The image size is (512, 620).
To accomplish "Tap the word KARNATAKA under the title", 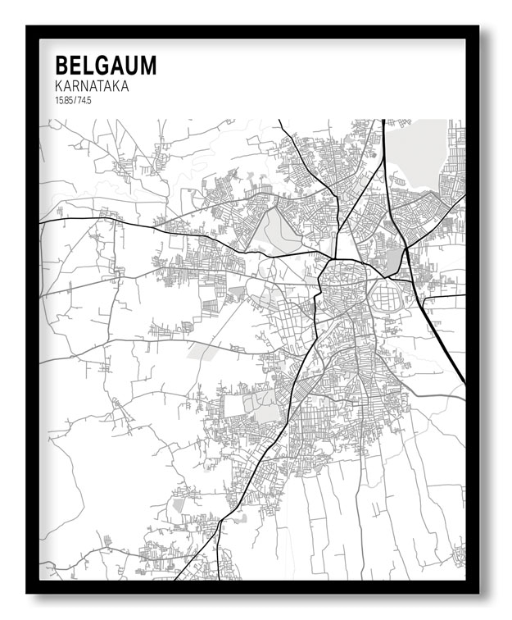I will tap(92, 86).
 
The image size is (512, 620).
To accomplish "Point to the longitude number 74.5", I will tap(84, 101).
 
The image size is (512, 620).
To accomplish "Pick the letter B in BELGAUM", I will tap(61, 66).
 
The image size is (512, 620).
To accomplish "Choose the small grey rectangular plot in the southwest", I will tap(179, 505).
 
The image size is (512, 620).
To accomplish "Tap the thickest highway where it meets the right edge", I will tap(464, 381).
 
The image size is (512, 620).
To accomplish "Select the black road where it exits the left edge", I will tap(41, 221).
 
